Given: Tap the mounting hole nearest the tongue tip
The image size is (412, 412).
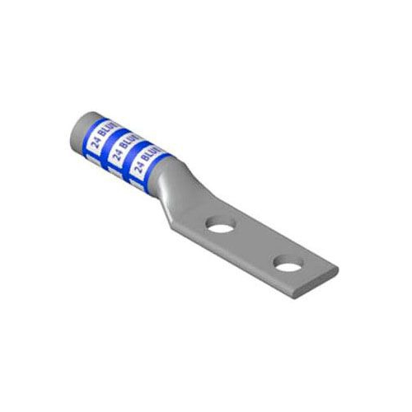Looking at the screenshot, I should coord(286,265).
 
